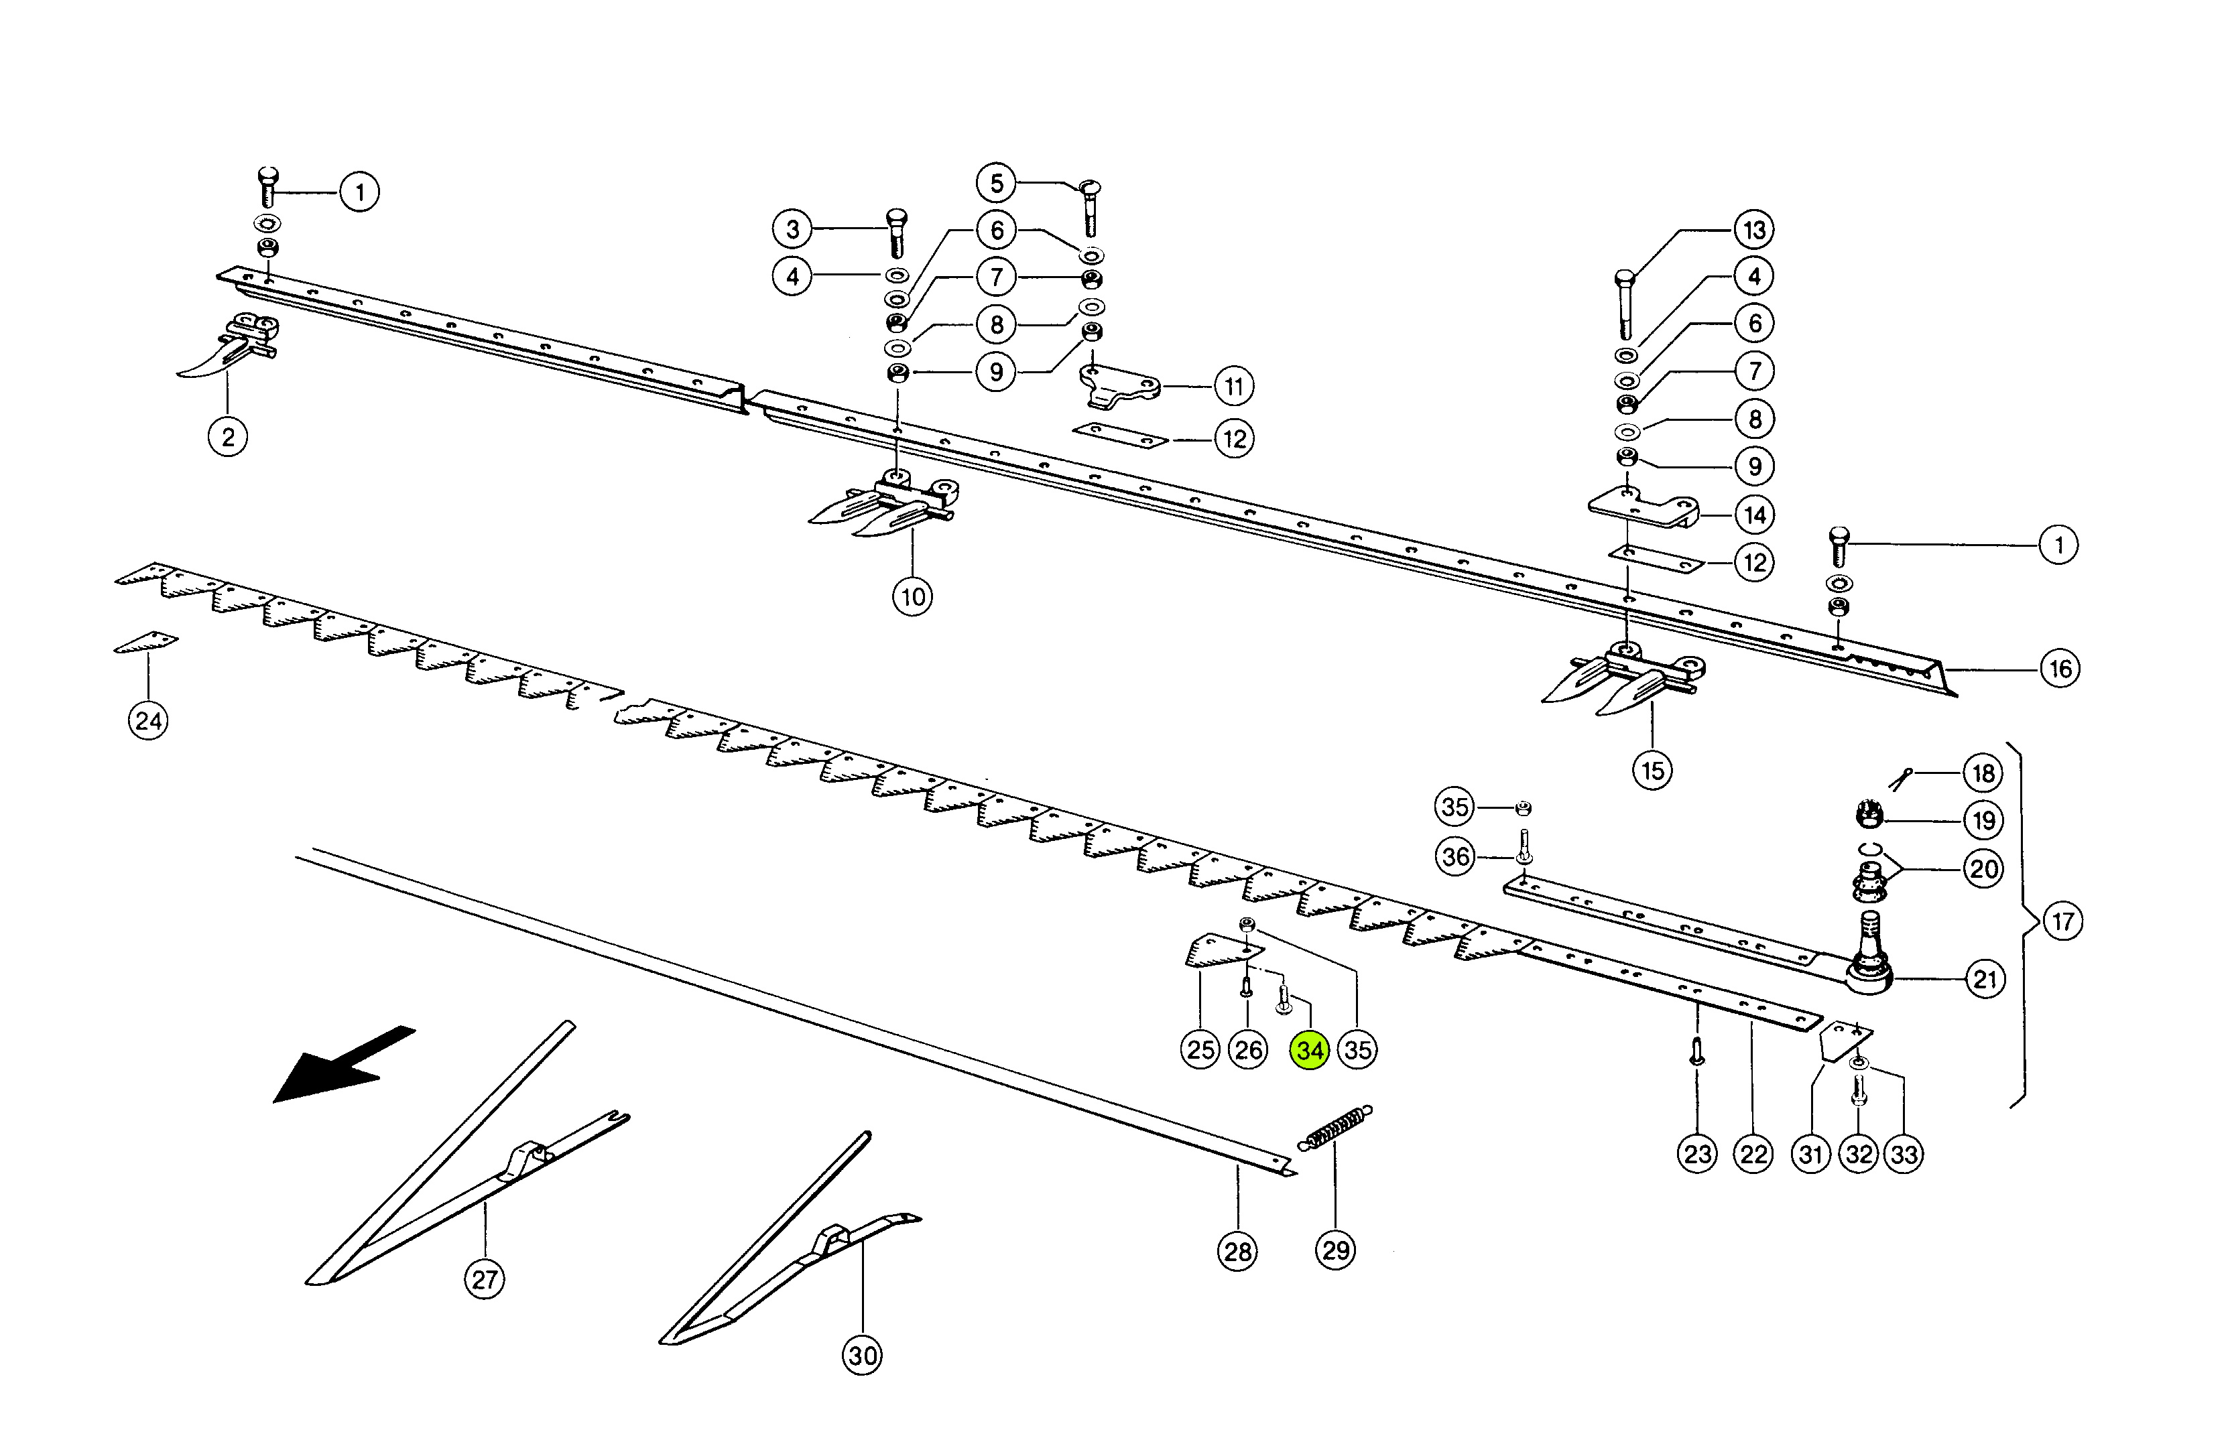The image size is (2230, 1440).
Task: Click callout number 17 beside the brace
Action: click(x=2062, y=922)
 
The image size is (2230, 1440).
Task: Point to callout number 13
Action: click(x=1754, y=230)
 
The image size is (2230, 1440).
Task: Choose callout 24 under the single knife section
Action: click(x=147, y=721)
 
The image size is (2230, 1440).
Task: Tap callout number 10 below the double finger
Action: click(x=913, y=596)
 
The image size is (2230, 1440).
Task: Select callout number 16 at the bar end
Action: click(x=2060, y=669)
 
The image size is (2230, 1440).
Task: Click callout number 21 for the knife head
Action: click(x=1984, y=979)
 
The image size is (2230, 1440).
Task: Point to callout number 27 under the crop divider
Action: click(x=485, y=1279)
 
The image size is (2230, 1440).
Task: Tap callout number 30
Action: click(x=863, y=1355)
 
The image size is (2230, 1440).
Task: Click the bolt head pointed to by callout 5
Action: click(x=1090, y=189)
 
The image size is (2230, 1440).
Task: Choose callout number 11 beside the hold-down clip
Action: click(x=1234, y=386)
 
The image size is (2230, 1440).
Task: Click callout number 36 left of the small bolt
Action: click(x=1455, y=856)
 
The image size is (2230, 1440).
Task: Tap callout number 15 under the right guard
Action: click(x=1653, y=771)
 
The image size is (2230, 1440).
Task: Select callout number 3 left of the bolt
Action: click(x=792, y=229)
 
